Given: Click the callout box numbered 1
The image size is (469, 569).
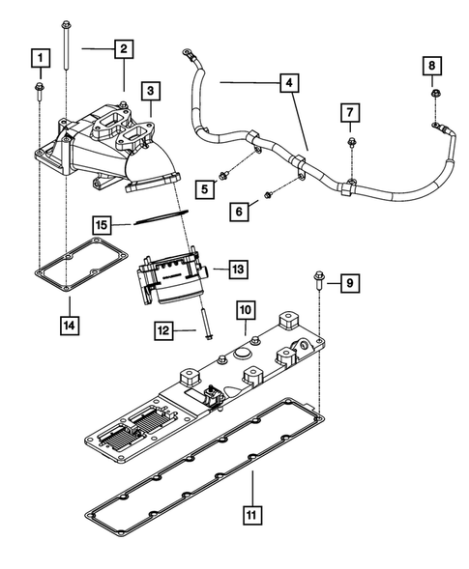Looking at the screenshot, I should (40, 60).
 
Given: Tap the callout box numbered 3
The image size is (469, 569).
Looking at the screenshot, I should (151, 91).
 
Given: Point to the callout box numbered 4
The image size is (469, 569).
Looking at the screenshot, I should (287, 84).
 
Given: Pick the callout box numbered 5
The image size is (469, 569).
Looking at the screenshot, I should (203, 190).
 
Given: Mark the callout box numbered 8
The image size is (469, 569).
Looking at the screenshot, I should (435, 66).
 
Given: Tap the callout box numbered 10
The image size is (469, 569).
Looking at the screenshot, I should (247, 309).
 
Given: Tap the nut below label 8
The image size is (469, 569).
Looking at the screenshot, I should (435, 95).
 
